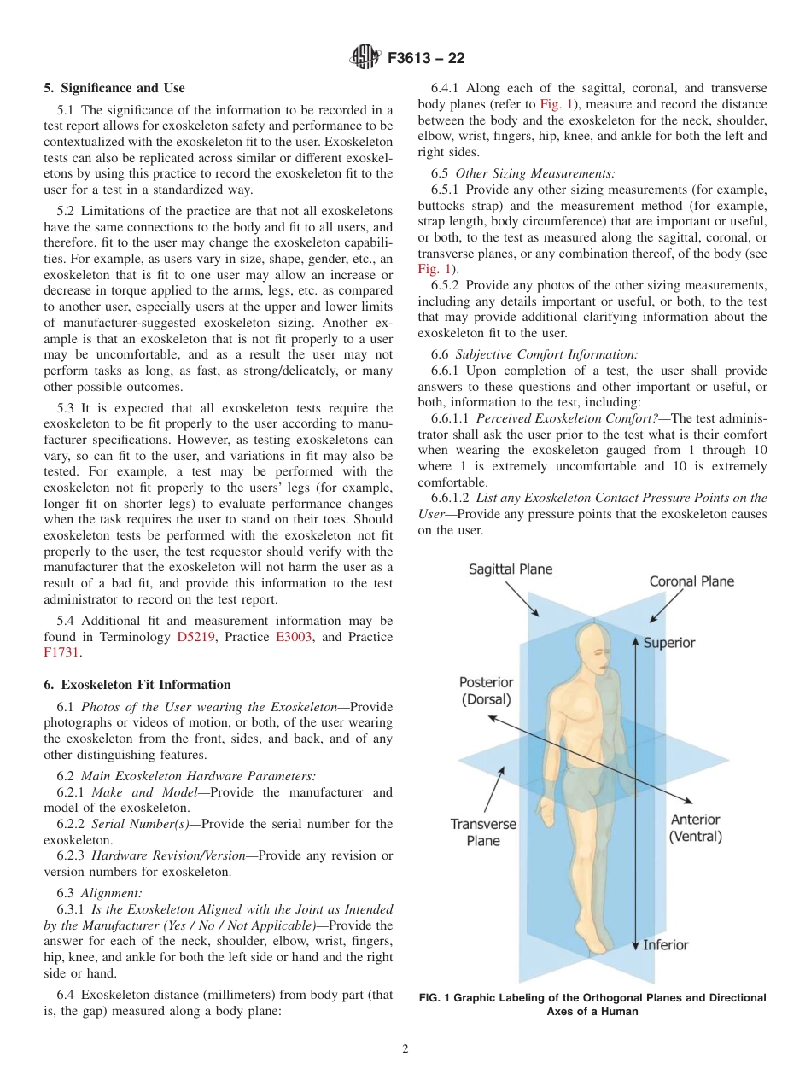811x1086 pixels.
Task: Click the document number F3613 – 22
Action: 426,59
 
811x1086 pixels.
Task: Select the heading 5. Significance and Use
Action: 114,88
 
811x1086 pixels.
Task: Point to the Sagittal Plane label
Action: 511,569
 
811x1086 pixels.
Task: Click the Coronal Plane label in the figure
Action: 691,581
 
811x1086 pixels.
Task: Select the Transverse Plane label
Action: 483,832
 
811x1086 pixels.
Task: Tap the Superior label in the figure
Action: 668,643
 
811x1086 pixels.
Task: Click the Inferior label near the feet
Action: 665,945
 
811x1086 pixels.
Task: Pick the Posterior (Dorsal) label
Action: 486,691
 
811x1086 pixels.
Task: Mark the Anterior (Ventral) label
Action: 695,827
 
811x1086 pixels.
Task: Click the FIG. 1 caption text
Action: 592,1005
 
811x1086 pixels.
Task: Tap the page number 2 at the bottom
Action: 405,1049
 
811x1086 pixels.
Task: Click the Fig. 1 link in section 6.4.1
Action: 556,104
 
